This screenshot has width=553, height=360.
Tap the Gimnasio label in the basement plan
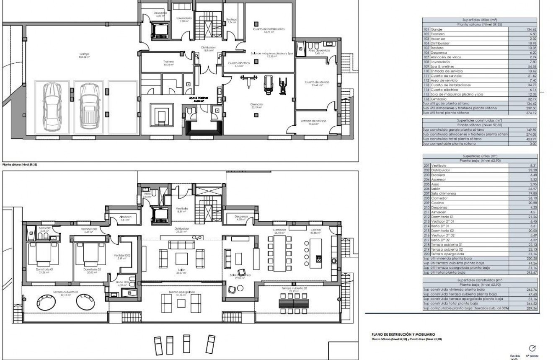coord(257,106)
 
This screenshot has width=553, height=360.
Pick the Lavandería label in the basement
coord(184,19)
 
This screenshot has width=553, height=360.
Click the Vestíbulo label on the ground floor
coord(181,209)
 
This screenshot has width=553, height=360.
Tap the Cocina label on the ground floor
coord(315,230)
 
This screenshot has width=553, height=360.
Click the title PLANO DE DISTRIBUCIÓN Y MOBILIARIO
coord(400,334)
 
